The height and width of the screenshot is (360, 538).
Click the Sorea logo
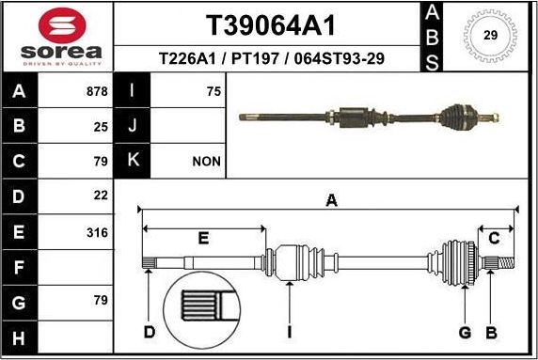click(56, 38)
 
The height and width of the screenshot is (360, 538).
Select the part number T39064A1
click(270, 23)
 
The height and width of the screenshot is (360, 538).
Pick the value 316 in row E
click(96, 232)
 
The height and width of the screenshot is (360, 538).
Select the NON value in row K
click(206, 162)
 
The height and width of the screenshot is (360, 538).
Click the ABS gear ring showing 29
click(490, 36)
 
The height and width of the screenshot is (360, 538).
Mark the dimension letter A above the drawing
click(331, 198)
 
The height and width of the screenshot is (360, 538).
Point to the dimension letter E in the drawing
click(203, 239)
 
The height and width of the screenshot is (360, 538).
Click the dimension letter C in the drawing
click(492, 239)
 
